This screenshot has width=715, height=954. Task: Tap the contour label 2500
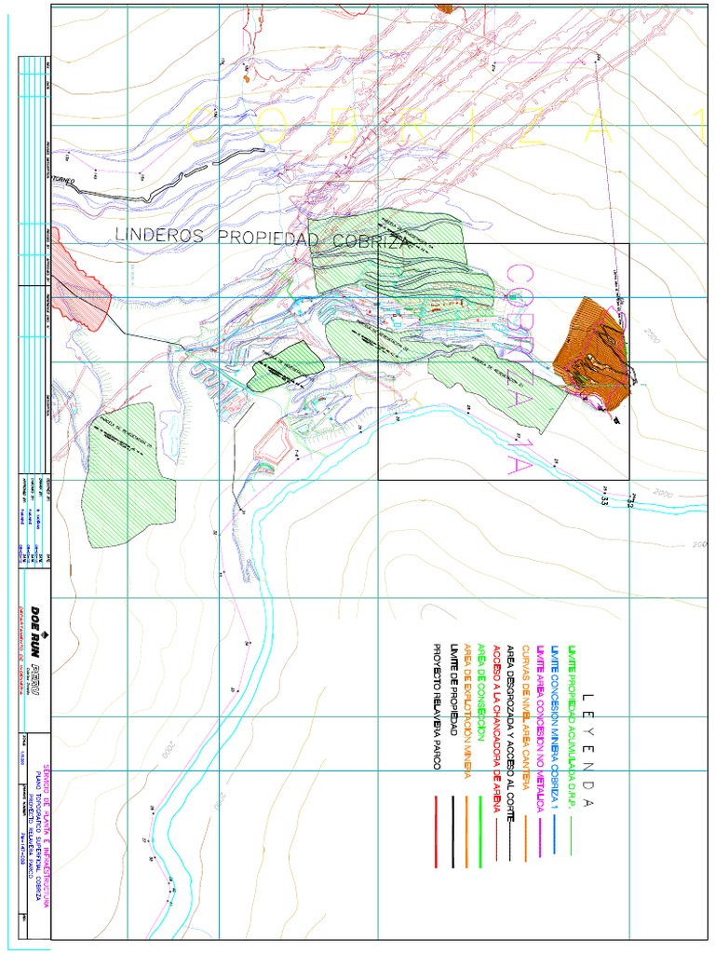coord(649,334)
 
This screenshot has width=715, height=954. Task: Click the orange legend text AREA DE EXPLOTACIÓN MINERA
coord(467,712)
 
